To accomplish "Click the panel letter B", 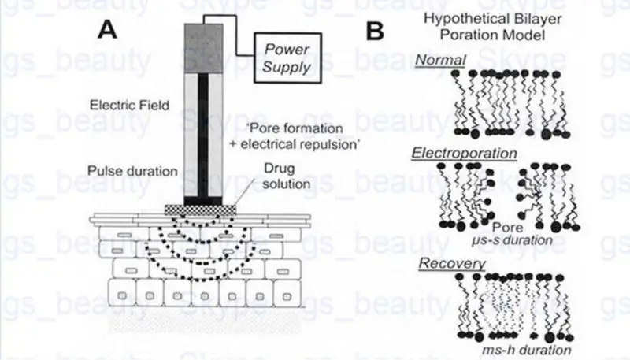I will tap(376, 30).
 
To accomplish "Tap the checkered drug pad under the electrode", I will tap(202, 209).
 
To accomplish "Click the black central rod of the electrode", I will tap(202, 134).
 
